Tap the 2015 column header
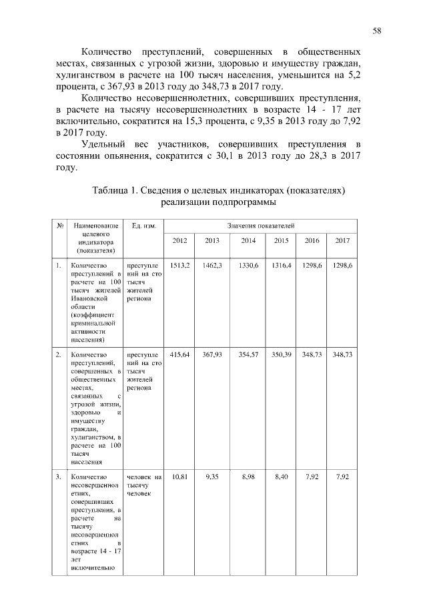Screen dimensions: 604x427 281,240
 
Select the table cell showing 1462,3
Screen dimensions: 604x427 212,266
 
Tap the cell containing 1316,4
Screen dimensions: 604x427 282,266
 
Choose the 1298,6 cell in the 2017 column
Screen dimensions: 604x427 342,266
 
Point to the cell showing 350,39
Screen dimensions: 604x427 282,354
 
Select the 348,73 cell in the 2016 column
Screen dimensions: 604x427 312,354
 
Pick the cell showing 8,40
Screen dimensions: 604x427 282,477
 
